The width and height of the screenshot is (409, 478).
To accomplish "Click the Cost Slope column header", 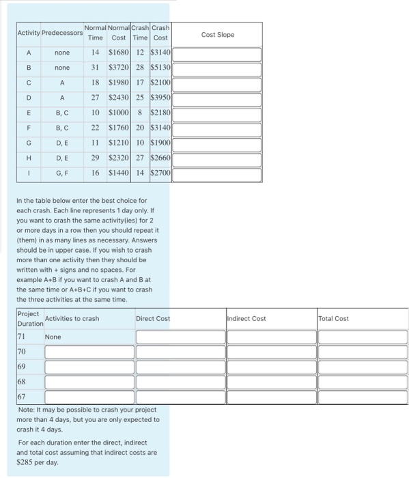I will [x=218, y=35].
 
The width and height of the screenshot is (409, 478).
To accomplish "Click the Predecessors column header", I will [x=62, y=33].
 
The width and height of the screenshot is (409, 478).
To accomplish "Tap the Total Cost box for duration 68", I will [x=362, y=382].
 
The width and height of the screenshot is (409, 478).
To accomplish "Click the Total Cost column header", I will [x=334, y=318].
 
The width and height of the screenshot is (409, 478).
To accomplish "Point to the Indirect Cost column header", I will [x=246, y=318].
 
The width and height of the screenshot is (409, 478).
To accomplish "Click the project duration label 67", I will [x=22, y=397].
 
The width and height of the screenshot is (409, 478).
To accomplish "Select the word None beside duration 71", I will [x=53, y=337].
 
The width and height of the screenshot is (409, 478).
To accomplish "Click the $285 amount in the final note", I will [x=26, y=462].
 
